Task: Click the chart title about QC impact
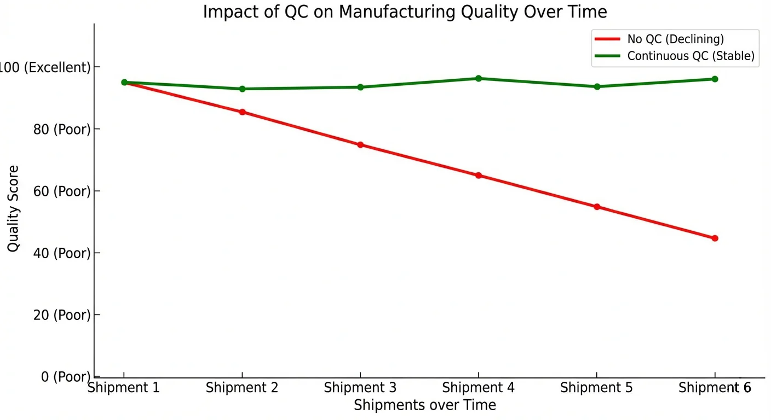coord(405,11)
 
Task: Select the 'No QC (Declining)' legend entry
coord(675,39)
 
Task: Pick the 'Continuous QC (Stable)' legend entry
coord(691,56)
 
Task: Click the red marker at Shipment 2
coord(242,112)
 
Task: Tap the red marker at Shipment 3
coord(360,145)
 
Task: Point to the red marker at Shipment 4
coord(479,176)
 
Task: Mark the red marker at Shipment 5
coord(597,207)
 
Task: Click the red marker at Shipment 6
coord(715,238)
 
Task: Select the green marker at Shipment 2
coord(242,89)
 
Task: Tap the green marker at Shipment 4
coord(479,78)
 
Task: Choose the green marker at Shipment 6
coord(715,79)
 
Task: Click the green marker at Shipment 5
coord(597,86)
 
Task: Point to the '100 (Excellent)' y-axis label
coord(45,68)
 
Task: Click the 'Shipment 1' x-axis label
coord(124,388)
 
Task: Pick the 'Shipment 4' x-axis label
coord(479,388)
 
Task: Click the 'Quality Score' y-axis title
coord(13,208)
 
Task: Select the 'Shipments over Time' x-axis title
coord(425,405)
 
